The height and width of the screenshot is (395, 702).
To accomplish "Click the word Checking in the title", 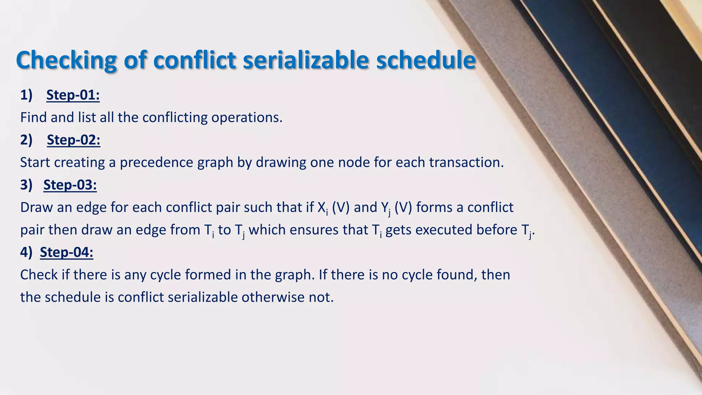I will click(66, 60).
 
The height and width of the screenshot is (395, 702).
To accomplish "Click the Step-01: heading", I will click(73, 95).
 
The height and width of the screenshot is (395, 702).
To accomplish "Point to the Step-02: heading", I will click(73, 140).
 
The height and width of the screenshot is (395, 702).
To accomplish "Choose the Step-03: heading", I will click(70, 185).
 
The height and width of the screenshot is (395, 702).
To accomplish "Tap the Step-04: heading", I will click(66, 252).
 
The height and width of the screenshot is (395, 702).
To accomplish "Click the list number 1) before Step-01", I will click(26, 95).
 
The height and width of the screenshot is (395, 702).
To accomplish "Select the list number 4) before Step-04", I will click(26, 252).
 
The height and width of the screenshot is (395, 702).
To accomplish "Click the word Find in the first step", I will click(33, 118).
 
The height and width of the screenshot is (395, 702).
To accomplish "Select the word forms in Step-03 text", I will click(434, 207).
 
